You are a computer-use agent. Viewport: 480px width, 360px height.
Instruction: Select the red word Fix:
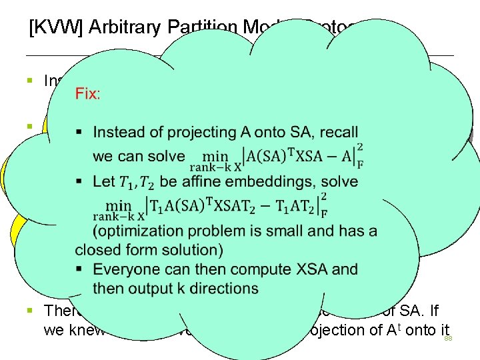pyautogui.click(x=88, y=93)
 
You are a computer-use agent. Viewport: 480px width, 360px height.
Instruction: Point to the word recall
pyautogui.click(x=338, y=132)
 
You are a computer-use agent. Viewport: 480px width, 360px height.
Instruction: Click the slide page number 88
pyautogui.click(x=449, y=339)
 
